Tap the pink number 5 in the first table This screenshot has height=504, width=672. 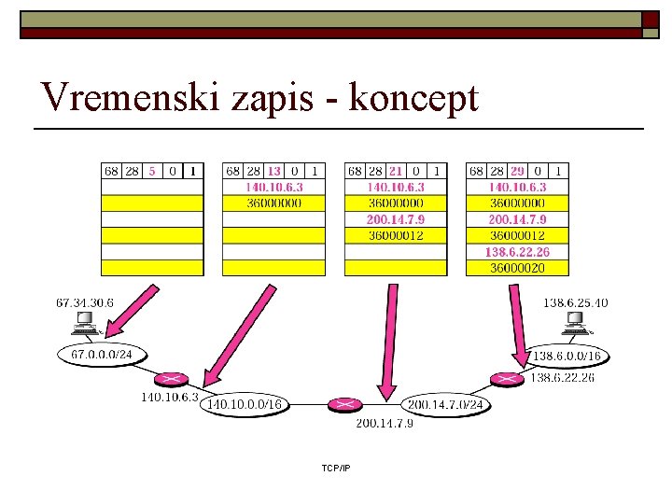tap(151, 171)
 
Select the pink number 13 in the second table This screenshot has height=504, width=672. tap(273, 171)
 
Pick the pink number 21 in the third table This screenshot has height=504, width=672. tap(396, 171)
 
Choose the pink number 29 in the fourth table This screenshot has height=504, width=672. tap(518, 171)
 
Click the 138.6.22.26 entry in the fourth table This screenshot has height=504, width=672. tap(517, 252)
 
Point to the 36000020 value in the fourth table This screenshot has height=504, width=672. tap(517, 268)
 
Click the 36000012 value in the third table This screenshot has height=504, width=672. tap(396, 235)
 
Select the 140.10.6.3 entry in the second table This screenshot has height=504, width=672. tap(273, 187)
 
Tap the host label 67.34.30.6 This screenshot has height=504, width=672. tap(85, 302)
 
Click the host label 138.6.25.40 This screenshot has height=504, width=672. tap(575, 302)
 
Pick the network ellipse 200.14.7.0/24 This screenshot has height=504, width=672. tap(445, 405)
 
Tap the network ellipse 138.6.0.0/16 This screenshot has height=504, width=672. tap(567, 356)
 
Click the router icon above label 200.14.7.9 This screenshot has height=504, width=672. tap(345, 405)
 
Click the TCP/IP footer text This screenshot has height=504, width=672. tap(335, 467)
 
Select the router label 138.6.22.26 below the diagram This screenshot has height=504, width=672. tap(562, 378)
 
